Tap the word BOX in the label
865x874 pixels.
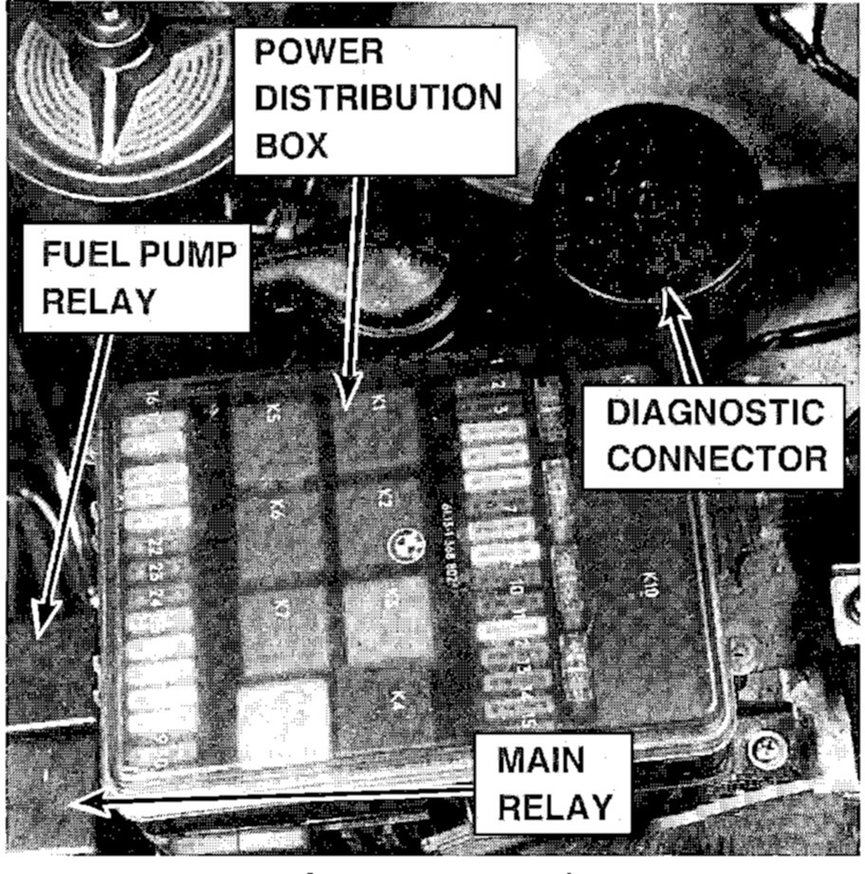pyautogui.click(x=291, y=146)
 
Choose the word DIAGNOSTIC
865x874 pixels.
pyautogui.click(x=714, y=413)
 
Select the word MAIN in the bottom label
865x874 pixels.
pyautogui.click(x=542, y=761)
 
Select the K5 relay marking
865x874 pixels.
pyautogui.click(x=272, y=411)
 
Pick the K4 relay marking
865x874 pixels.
pyautogui.click(x=396, y=700)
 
